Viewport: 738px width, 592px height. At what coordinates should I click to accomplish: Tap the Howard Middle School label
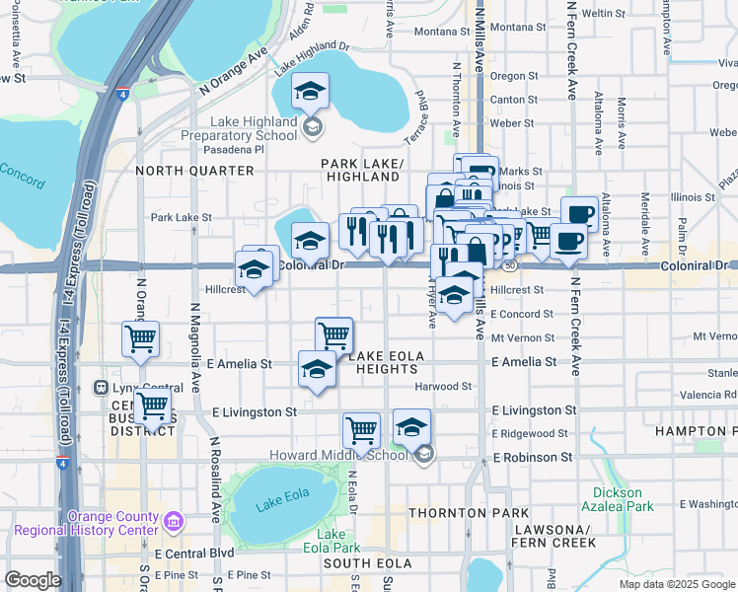(x=338, y=455)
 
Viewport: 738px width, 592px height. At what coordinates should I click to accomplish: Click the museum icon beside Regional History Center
(x=174, y=520)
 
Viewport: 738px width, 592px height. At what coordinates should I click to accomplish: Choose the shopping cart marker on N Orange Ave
(x=140, y=338)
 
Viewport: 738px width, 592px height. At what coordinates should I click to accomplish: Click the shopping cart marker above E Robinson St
(x=362, y=430)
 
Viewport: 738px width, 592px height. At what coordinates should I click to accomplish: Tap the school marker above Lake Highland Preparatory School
(x=310, y=94)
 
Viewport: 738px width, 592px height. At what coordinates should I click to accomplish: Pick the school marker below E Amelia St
(x=316, y=369)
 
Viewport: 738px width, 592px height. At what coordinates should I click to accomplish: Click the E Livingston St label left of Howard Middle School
(x=255, y=411)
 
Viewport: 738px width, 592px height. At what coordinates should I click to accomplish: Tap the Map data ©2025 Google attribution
(x=676, y=584)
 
